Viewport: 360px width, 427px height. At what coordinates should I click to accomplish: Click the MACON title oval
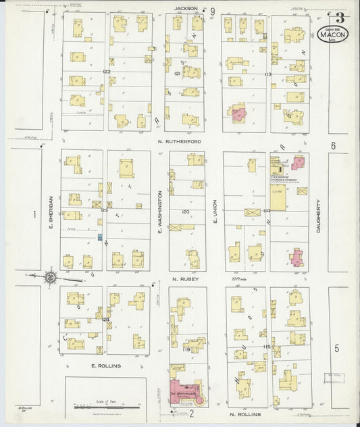(333, 34)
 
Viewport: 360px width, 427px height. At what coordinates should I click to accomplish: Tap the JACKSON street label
(186, 9)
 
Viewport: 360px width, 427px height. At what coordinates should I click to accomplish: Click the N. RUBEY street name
(184, 278)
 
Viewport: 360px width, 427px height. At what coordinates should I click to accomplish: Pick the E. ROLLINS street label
(105, 366)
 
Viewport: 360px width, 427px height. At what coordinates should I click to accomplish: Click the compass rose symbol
(50, 276)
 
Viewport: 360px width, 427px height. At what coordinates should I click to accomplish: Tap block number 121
(178, 72)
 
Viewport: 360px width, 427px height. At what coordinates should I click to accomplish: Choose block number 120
(185, 211)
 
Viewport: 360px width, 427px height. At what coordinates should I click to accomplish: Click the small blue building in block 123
(101, 237)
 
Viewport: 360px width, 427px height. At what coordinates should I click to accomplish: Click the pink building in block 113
(238, 113)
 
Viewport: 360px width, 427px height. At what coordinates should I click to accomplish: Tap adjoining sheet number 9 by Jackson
(212, 11)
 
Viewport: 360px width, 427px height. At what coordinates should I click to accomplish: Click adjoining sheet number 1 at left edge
(32, 215)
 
